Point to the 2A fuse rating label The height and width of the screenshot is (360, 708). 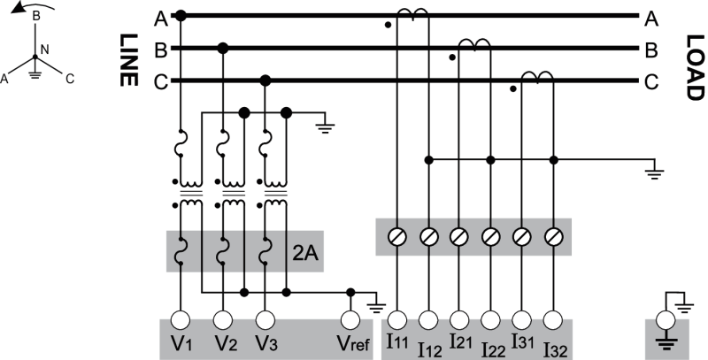coord(305,256)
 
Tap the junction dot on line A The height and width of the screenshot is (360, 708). coord(181,15)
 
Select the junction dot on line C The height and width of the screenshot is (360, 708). coord(265,81)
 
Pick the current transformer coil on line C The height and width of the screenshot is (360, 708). coord(537,80)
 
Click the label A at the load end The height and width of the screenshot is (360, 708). coord(651,17)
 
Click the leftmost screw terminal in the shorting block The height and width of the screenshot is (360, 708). coord(397,236)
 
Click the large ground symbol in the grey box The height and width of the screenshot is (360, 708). coord(666,340)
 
